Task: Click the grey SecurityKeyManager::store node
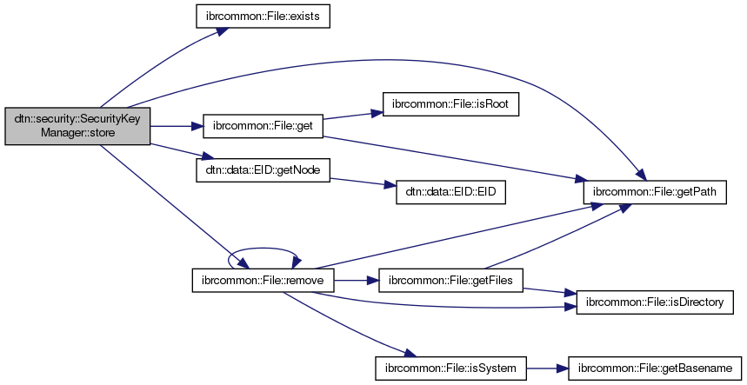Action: (x=77, y=126)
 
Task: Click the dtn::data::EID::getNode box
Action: (x=263, y=169)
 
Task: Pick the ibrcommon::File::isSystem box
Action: (x=450, y=368)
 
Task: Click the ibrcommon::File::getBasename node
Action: (x=655, y=368)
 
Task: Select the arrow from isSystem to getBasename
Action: (x=546, y=368)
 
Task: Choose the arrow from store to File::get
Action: (x=176, y=127)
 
